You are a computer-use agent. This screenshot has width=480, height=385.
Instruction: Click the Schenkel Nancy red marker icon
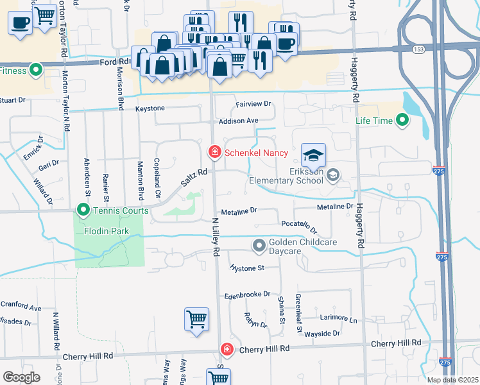coord(214,152)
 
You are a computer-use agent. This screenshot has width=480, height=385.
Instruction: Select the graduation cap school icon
coord(313,155)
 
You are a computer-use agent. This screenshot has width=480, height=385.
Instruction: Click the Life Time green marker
coord(402,120)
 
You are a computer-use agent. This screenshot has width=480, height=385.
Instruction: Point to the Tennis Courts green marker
coord(83,210)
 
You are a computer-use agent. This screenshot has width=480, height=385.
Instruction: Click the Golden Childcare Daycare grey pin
coord(259,245)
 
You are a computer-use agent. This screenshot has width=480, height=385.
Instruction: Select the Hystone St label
coord(247,268)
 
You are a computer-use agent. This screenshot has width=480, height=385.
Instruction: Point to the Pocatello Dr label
coord(300,226)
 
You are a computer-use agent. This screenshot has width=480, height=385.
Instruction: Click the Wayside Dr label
coord(323,334)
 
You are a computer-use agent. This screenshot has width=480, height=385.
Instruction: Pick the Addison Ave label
coord(238,121)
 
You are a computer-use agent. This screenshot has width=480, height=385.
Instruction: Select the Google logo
coord(21,377)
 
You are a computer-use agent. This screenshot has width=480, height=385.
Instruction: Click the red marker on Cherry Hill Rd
coord(227,348)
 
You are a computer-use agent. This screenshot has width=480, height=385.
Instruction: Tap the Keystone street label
coord(150,108)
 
